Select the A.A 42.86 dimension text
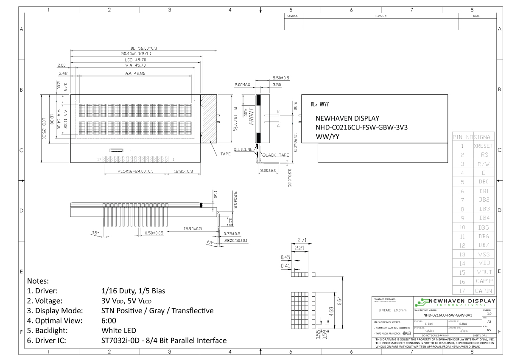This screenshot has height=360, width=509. [135, 73]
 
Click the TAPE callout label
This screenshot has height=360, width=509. [225, 154]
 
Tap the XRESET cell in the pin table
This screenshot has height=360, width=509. [484, 146]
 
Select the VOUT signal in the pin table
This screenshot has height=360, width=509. [484, 272]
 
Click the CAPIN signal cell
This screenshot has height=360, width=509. [484, 290]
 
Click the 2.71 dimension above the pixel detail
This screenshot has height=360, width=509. [302, 240]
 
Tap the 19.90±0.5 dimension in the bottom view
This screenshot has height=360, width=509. [192, 228]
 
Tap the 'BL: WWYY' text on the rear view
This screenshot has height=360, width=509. [320, 104]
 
